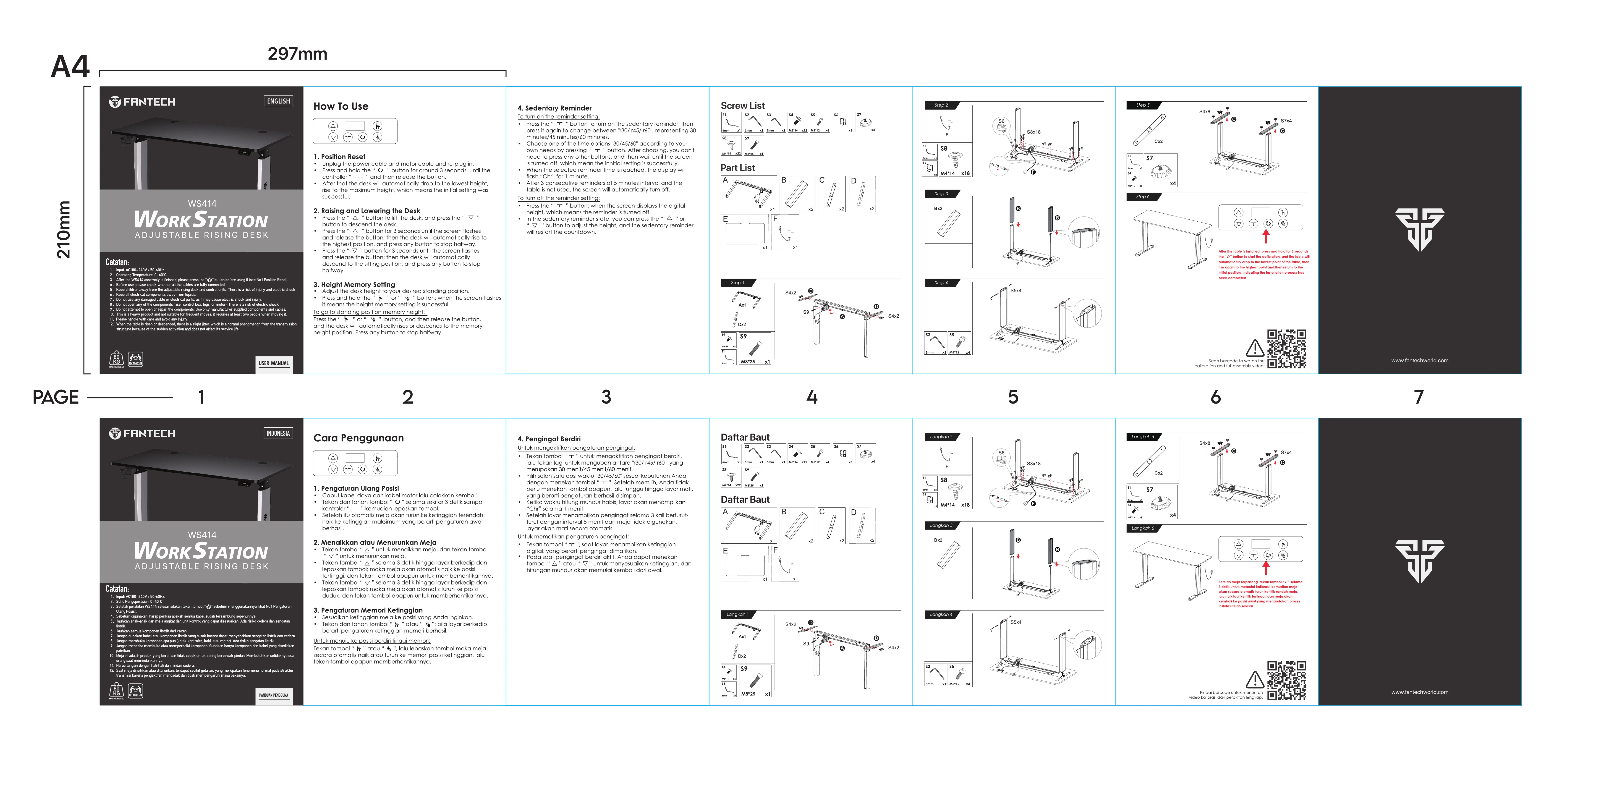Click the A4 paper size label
(x=70, y=67)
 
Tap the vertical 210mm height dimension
(x=64, y=230)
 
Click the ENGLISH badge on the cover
(x=278, y=101)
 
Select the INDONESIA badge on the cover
(x=278, y=433)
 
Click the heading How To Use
(x=340, y=106)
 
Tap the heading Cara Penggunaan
(x=358, y=438)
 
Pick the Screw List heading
(x=742, y=106)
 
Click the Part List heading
(x=738, y=168)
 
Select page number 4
(x=812, y=397)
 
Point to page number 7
(x=1418, y=397)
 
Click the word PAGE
(x=56, y=397)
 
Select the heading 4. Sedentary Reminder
(x=554, y=108)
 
